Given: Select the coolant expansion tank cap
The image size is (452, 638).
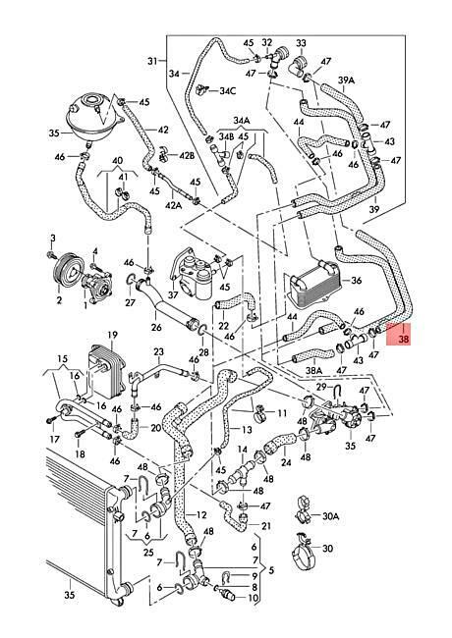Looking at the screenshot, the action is click(93, 99).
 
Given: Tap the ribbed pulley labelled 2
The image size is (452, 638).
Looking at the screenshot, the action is click(66, 270).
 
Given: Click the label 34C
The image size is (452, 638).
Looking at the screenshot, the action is click(228, 90).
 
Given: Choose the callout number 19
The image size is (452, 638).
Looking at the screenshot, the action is click(112, 335).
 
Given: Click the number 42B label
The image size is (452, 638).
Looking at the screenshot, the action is click(187, 155).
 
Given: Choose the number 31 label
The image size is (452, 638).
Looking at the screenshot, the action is click(152, 62).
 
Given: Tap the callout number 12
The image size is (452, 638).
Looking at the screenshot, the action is click(201, 515).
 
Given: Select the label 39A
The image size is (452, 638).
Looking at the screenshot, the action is click(346, 80).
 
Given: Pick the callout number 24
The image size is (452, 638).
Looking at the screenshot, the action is click(286, 462).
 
